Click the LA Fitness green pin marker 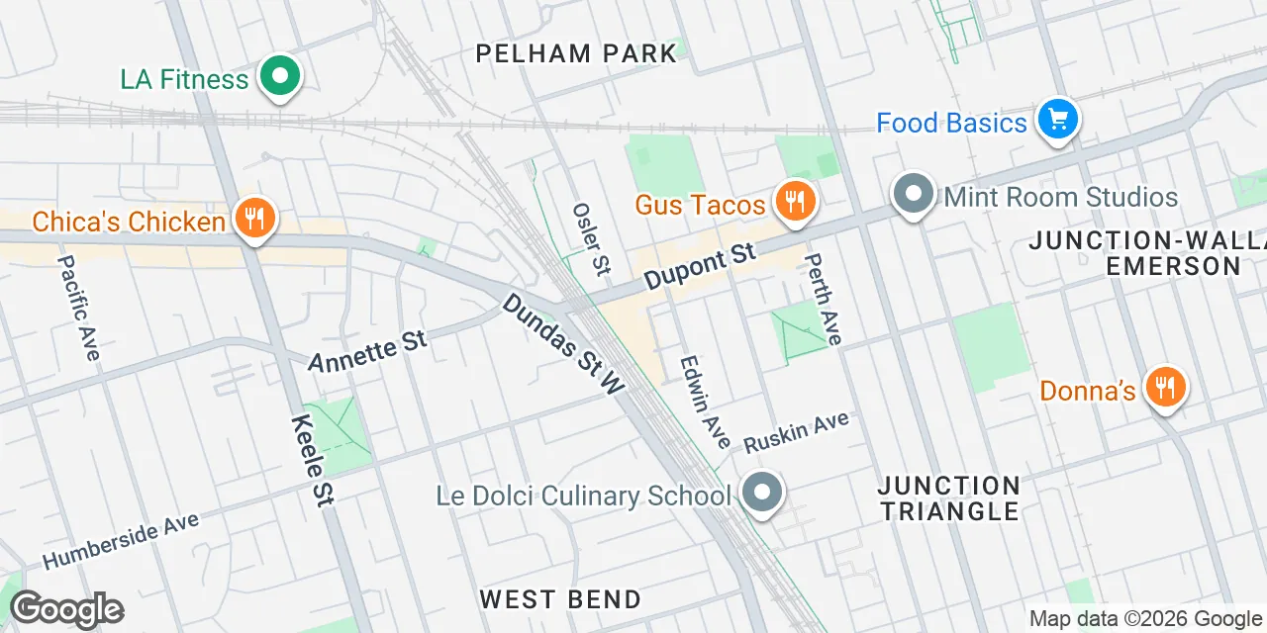coord(280,77)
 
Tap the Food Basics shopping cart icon coord(1057,121)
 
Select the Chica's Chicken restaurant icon coord(255,218)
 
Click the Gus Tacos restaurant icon coord(793,202)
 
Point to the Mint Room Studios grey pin coord(913,194)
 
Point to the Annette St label coord(367,352)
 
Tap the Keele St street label coord(311,461)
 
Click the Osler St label coord(592,238)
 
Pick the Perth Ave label coord(823,300)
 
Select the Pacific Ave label coord(79,308)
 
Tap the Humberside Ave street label coord(121,541)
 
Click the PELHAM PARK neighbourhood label coord(576,53)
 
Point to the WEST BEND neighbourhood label coord(560,598)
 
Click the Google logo coord(67,609)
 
